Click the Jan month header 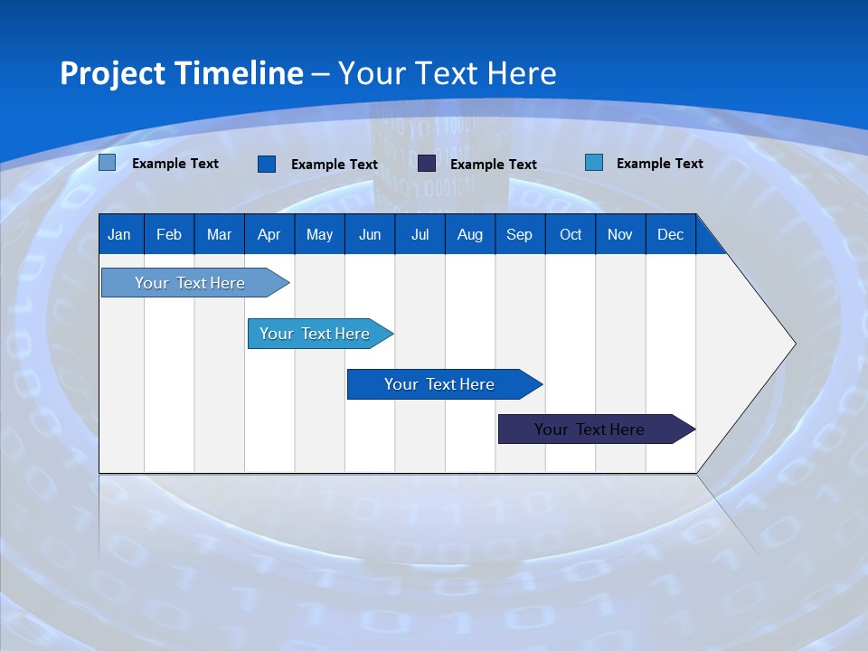point(119,235)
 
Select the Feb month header point(169,235)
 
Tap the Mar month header point(219,235)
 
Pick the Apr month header point(269,235)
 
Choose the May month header point(319,235)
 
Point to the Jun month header point(370,235)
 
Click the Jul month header point(420,235)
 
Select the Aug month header point(470,235)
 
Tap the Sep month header point(520,235)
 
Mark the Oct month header point(571,235)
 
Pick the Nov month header point(620,235)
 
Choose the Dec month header point(671,235)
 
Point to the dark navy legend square point(427,164)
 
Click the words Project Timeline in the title point(182,73)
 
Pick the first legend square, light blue point(108,163)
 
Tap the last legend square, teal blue point(594,163)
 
